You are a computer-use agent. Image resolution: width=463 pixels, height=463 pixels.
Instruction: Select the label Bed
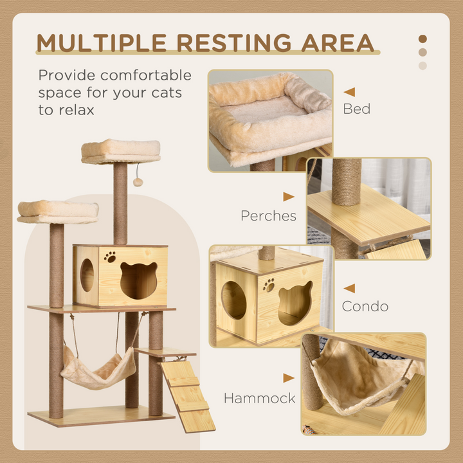point(356,109)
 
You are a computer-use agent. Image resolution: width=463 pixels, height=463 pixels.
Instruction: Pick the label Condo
point(365,306)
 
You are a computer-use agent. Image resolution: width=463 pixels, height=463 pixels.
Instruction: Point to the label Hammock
point(259,398)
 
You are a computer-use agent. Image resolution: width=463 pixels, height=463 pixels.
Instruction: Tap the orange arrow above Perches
point(289,197)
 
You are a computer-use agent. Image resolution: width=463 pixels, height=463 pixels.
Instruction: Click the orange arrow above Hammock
point(289,378)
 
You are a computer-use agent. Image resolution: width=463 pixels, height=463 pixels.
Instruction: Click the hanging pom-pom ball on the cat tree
point(138,182)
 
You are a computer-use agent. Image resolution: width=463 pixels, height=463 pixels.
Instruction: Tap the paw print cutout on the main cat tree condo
point(111,257)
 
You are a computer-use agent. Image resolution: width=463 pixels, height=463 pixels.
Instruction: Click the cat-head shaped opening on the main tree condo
point(138,280)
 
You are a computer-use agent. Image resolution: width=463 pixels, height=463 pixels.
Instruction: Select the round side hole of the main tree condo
point(87,275)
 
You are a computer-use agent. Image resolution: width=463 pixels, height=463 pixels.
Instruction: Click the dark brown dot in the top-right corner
point(422,39)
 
